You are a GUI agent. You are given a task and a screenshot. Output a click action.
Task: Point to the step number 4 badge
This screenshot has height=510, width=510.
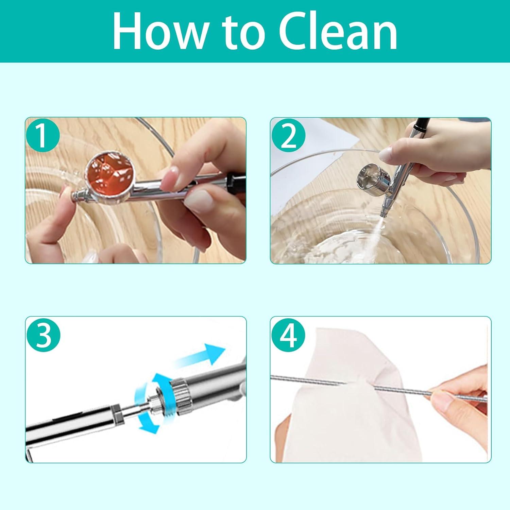(289, 335)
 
